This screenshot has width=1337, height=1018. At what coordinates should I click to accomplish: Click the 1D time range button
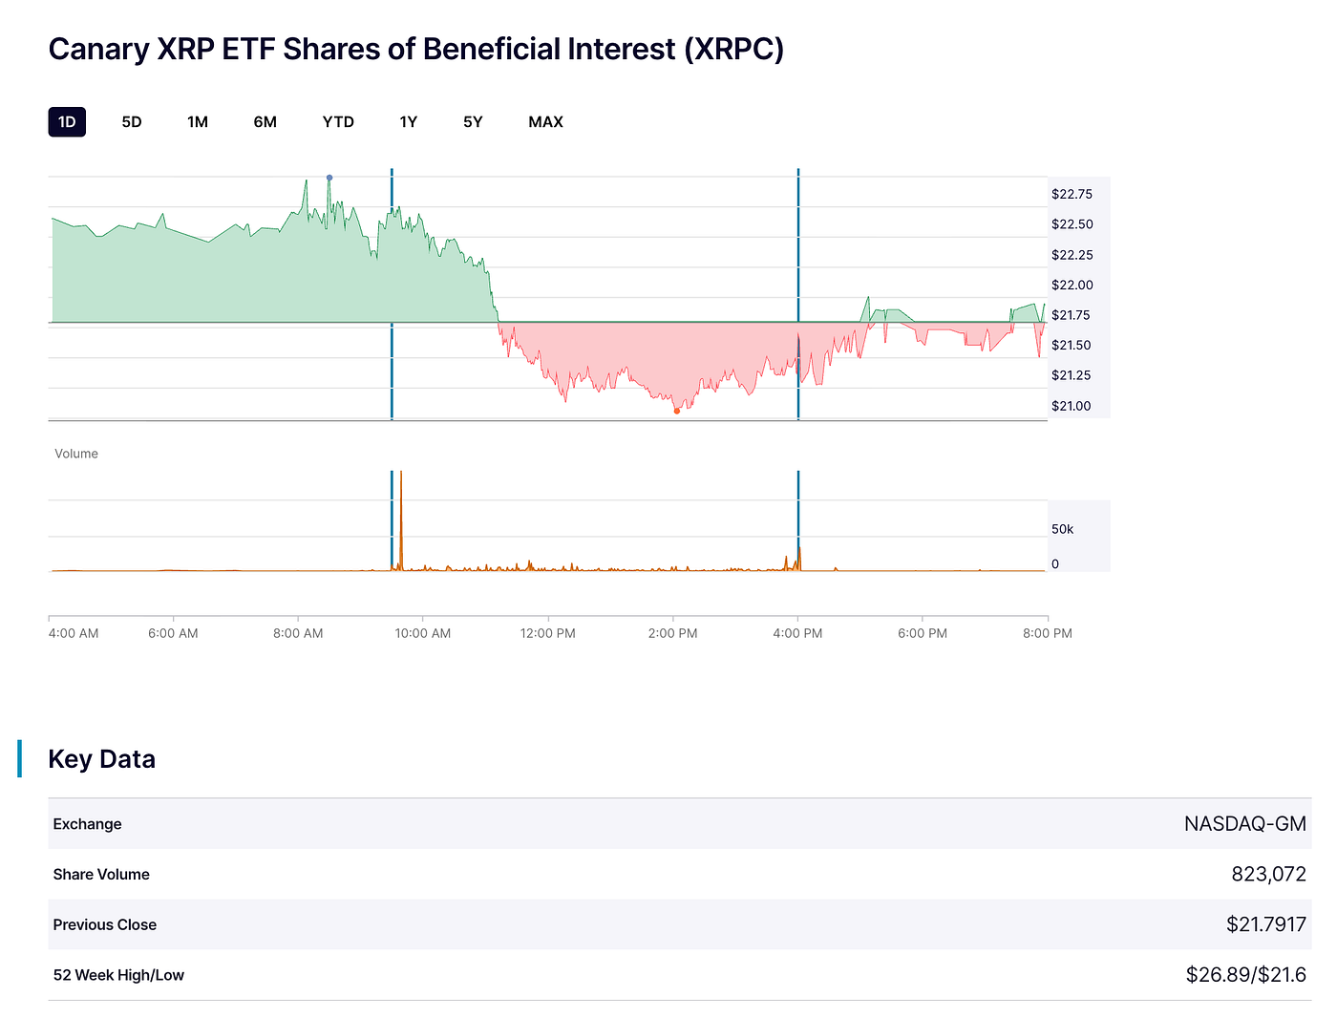pyautogui.click(x=67, y=122)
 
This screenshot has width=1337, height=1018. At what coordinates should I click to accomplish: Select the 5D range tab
pyautogui.click(x=132, y=122)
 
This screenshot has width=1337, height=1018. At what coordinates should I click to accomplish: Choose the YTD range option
pyautogui.click(x=338, y=122)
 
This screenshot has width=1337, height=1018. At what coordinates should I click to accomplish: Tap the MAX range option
pyautogui.click(x=545, y=122)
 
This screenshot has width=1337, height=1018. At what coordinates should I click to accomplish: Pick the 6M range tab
pyautogui.click(x=265, y=122)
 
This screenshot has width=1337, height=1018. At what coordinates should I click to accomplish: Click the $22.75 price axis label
pyautogui.click(x=1072, y=194)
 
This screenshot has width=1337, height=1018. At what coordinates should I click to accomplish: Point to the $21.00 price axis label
pyautogui.click(x=1071, y=406)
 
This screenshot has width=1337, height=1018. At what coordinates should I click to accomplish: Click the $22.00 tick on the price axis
pyautogui.click(x=1072, y=285)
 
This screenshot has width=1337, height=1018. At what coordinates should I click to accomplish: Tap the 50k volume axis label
pyautogui.click(x=1062, y=529)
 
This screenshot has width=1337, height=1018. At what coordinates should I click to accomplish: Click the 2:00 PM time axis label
pyautogui.click(x=672, y=633)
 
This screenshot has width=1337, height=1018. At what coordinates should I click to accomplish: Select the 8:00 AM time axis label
pyautogui.click(x=298, y=633)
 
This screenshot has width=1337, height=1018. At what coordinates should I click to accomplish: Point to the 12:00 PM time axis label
pyautogui.click(x=548, y=633)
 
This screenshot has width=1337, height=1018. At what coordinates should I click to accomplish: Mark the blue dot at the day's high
pyautogui.click(x=329, y=178)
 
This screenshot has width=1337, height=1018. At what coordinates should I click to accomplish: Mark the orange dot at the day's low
pyautogui.click(x=676, y=412)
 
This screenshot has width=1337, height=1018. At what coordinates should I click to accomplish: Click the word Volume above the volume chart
pyautogui.click(x=76, y=454)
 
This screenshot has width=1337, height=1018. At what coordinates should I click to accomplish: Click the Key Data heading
pyautogui.click(x=101, y=759)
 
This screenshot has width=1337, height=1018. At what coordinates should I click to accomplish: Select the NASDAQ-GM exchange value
pyautogui.click(x=1244, y=824)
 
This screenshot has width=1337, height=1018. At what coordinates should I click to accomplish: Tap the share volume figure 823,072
pyautogui.click(x=1268, y=874)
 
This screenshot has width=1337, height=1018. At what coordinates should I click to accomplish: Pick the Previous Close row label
pyautogui.click(x=105, y=924)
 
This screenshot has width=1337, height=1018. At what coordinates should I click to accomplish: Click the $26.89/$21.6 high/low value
pyautogui.click(x=1245, y=975)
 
